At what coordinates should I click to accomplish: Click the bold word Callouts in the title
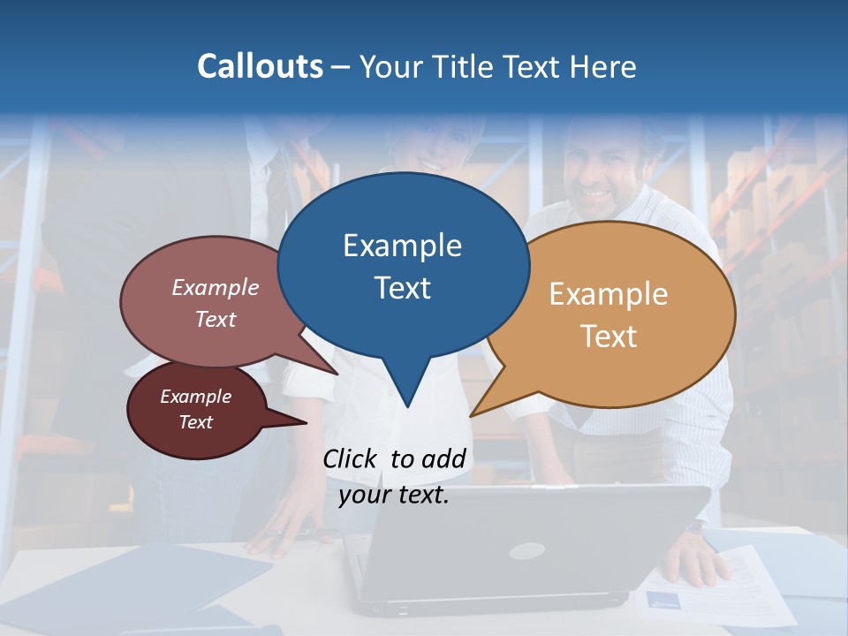click(x=261, y=66)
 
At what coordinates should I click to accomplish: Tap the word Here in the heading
click(x=604, y=66)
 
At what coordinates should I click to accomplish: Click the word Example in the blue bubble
click(x=402, y=246)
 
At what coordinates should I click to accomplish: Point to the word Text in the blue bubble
click(x=402, y=288)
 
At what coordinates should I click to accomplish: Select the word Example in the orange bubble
click(x=609, y=294)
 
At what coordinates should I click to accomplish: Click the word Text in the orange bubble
click(x=609, y=337)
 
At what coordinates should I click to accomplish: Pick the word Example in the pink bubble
click(x=216, y=288)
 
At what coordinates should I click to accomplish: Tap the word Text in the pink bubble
click(x=216, y=319)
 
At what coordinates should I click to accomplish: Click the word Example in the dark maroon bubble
click(x=196, y=397)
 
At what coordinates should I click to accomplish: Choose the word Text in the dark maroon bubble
click(x=196, y=422)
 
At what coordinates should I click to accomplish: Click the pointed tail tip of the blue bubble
click(x=407, y=406)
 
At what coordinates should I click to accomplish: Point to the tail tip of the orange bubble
click(x=472, y=415)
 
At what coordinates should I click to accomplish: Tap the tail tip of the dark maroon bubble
click(x=306, y=423)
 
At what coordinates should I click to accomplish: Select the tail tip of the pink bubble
click(x=337, y=374)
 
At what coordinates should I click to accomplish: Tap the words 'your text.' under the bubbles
click(x=394, y=495)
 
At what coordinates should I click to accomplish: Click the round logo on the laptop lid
click(x=525, y=551)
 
